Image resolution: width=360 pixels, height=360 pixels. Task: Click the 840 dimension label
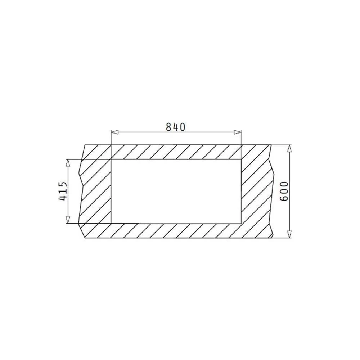tap(175, 127)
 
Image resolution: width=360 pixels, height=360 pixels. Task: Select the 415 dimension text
tap(63, 191)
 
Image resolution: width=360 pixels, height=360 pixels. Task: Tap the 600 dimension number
tap(284, 191)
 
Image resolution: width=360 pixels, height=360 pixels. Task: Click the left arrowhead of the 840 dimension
tap(114, 132)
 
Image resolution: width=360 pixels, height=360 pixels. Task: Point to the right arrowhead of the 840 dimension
tap(238, 132)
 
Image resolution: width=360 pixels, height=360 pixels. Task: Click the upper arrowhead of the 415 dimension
tap(68, 163)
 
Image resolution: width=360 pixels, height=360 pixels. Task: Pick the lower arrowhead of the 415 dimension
tap(68, 220)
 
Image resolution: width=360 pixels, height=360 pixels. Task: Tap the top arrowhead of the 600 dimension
tap(290, 149)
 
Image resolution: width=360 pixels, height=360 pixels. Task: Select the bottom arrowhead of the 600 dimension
tap(290, 234)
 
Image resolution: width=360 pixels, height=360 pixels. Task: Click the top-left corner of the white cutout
tap(111, 159)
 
